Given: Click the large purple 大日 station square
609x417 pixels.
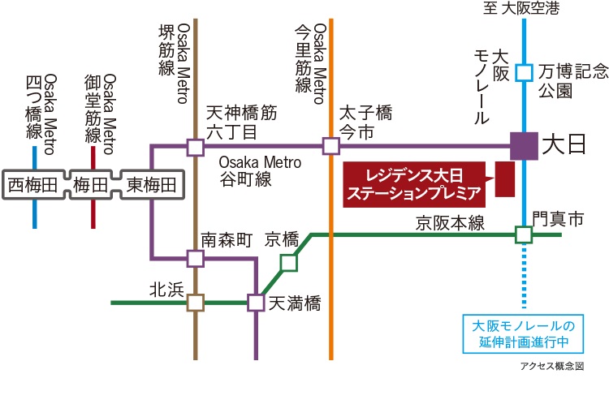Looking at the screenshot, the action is pyautogui.click(x=524, y=146).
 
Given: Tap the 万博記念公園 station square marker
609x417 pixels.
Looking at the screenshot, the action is pyautogui.click(x=524, y=72).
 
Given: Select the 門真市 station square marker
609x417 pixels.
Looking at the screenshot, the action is pyautogui.click(x=524, y=234).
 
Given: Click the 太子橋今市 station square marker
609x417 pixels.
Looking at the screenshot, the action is pyautogui.click(x=331, y=147).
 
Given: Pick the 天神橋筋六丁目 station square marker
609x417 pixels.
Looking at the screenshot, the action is pyautogui.click(x=196, y=148).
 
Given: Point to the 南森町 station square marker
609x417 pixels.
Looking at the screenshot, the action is pyautogui.click(x=196, y=258).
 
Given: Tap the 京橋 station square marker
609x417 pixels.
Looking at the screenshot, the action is pyautogui.click(x=289, y=263).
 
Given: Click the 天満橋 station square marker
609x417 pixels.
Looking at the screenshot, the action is pyautogui.click(x=256, y=303).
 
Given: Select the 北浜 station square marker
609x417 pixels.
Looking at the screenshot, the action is pyautogui.click(x=196, y=303).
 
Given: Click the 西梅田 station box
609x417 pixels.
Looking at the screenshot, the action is pyautogui.click(x=34, y=185).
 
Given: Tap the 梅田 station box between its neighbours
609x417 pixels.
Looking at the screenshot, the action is pyautogui.click(x=91, y=185).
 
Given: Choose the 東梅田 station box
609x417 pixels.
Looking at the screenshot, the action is pyautogui.click(x=152, y=185).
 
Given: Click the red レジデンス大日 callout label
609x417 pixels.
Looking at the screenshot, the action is pyautogui.click(x=414, y=185).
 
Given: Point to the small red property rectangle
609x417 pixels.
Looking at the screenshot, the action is pyautogui.click(x=505, y=179).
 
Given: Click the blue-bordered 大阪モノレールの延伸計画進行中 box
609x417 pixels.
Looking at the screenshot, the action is pyautogui.click(x=523, y=333).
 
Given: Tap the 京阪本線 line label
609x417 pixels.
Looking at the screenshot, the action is pyautogui.click(x=450, y=223).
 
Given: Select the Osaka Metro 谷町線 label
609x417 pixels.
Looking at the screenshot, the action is pyautogui.click(x=260, y=170).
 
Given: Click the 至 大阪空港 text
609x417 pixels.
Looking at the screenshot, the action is pyautogui.click(x=521, y=8).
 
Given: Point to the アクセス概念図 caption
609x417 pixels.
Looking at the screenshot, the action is pyautogui.click(x=552, y=366).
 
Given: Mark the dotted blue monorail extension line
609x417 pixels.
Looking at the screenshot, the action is pyautogui.click(x=524, y=276).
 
